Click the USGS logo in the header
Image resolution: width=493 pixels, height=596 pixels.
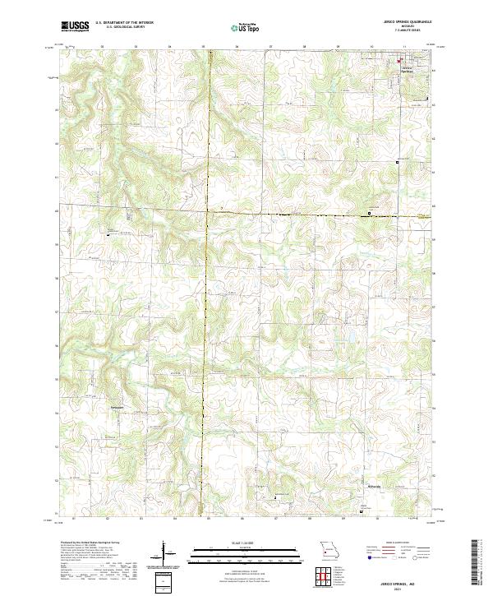(x=75, y=26)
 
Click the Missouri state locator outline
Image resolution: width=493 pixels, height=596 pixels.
(x=327, y=550)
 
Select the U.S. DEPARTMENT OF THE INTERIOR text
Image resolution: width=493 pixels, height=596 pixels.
(x=124, y=23)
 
